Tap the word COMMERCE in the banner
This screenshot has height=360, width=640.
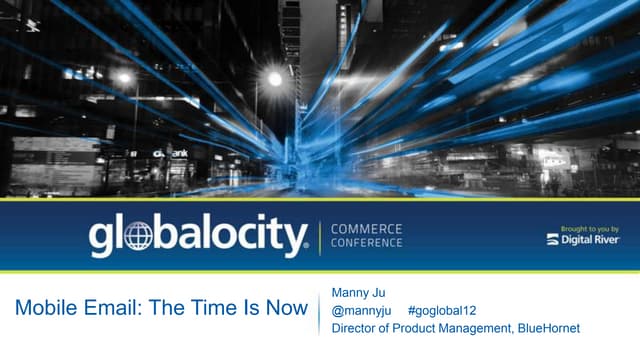pyautogui.click(x=367, y=228)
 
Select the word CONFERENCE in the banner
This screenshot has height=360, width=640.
pyautogui.click(x=367, y=243)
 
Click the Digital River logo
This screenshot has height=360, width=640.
pyautogui.click(x=584, y=240)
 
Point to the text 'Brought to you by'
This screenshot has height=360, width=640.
pyautogui.click(x=593, y=228)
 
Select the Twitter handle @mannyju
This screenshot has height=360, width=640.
pyautogui.click(x=360, y=311)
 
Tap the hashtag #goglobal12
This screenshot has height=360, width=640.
pyautogui.click(x=442, y=311)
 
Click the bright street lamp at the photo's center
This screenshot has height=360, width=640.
pyautogui.click(x=275, y=79)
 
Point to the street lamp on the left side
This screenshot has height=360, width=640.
pyautogui.click(x=124, y=77)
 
